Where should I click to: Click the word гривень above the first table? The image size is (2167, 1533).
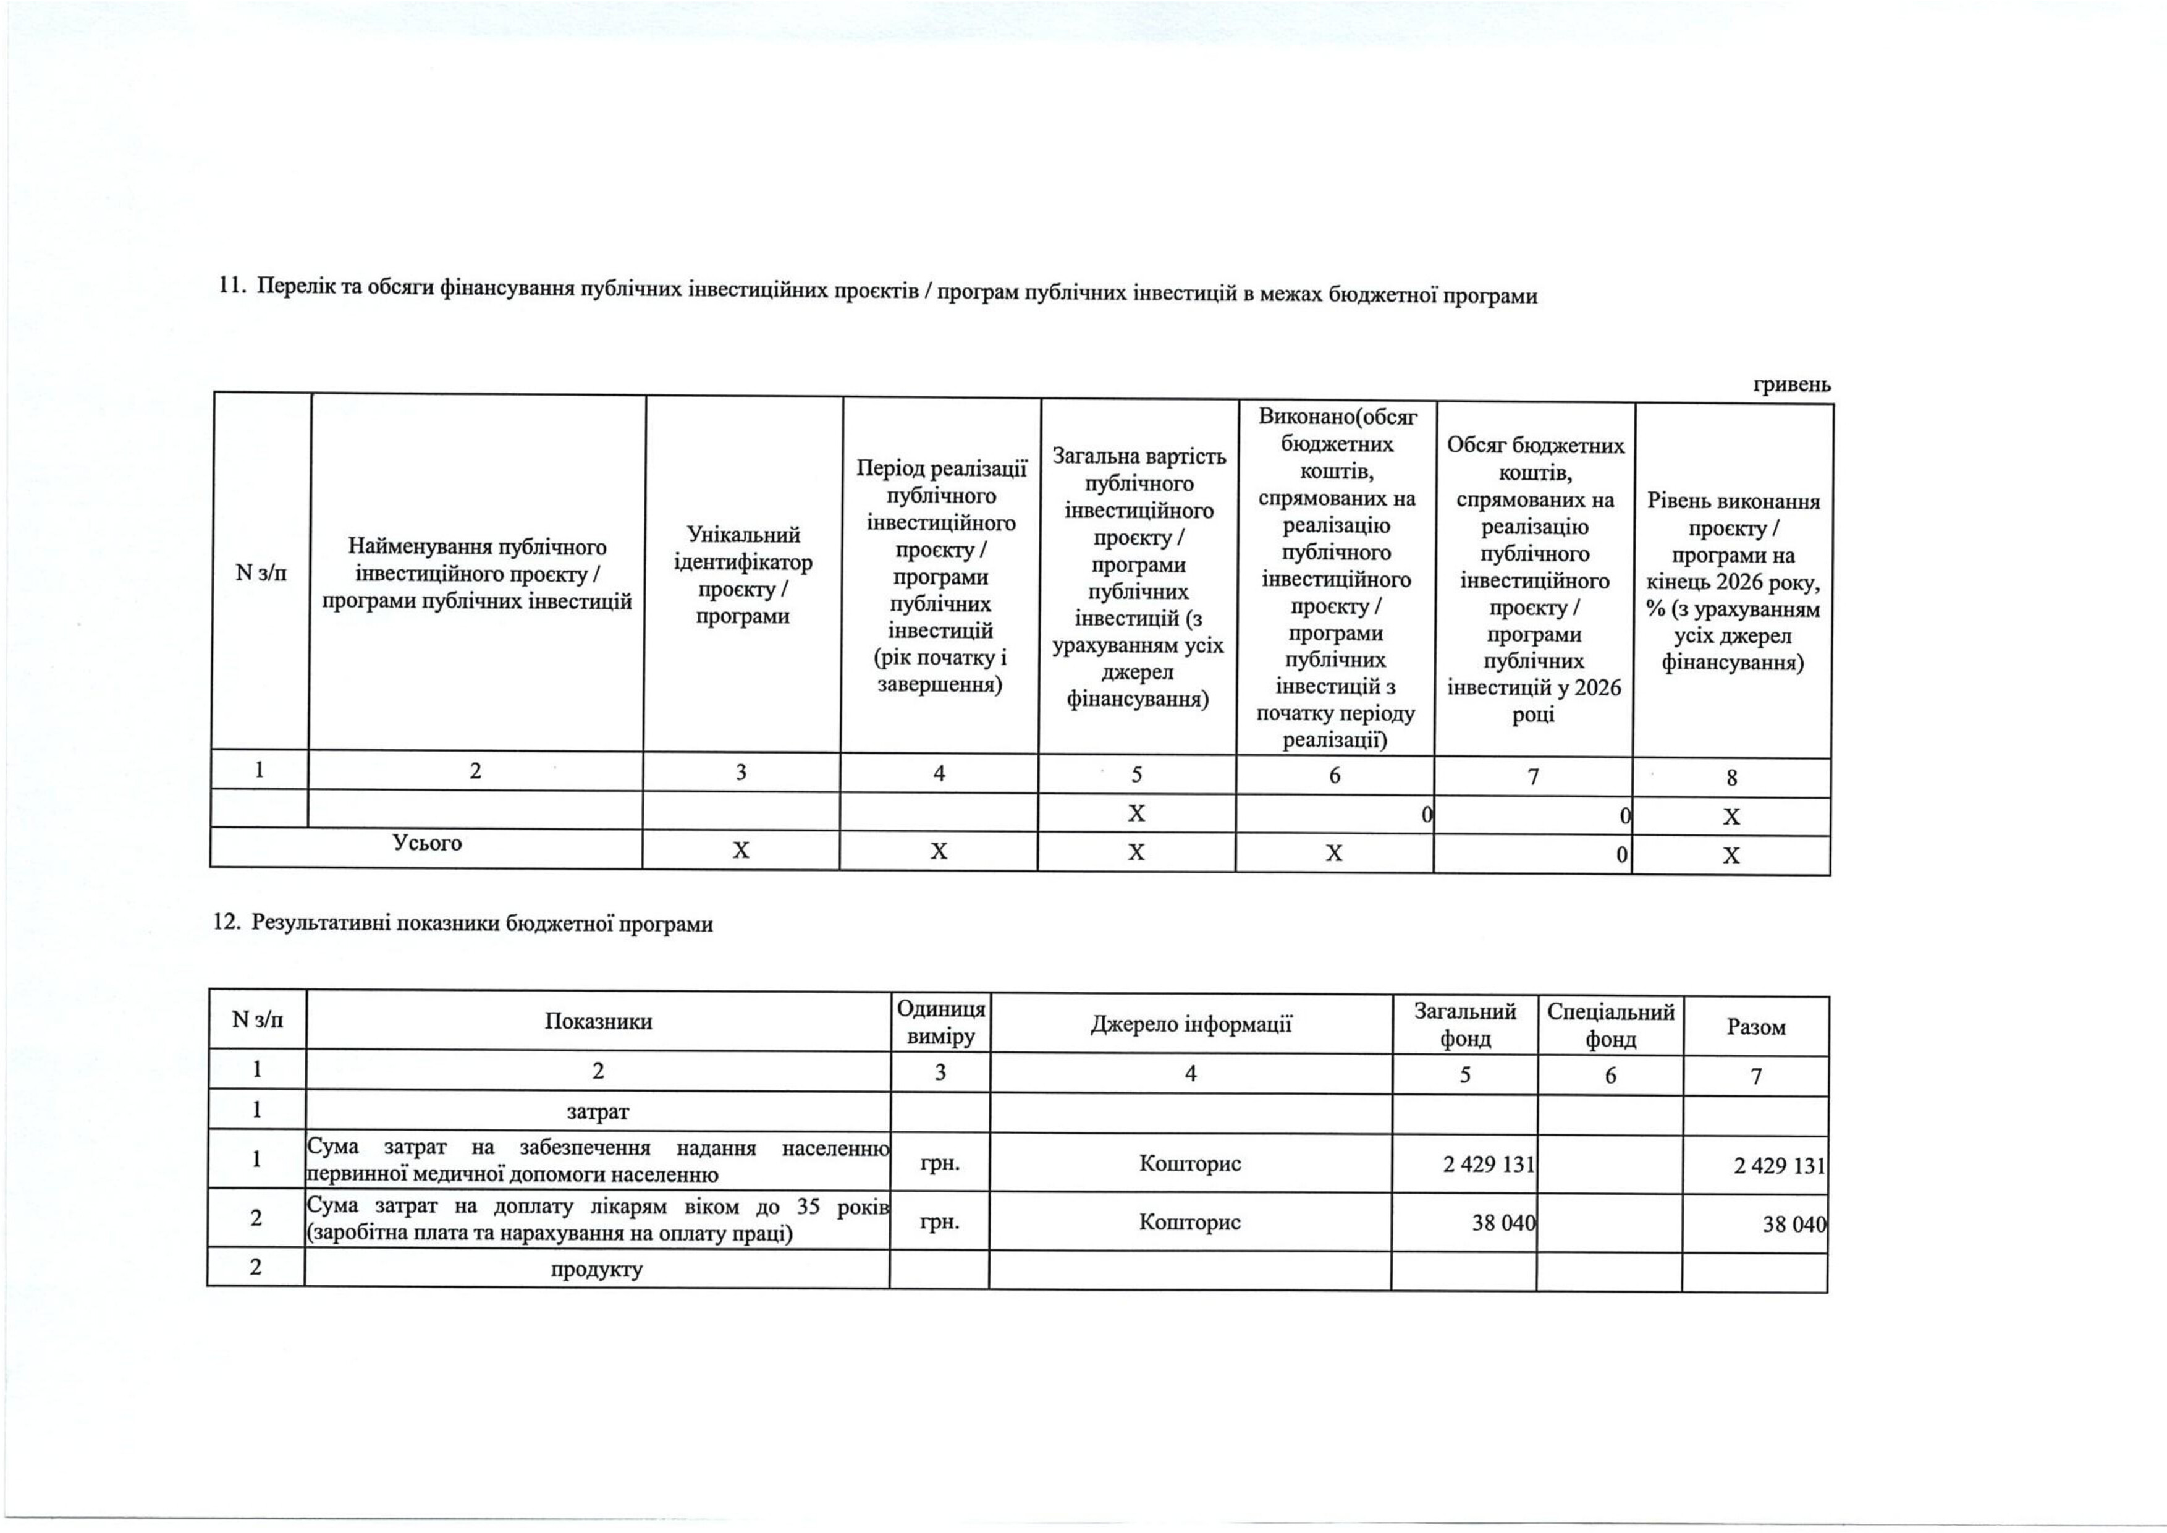(1791, 384)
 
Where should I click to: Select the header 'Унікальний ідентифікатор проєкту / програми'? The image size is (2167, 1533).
(742, 576)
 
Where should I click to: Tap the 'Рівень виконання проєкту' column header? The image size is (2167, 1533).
(1733, 582)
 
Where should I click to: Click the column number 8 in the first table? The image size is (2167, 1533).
(1732, 778)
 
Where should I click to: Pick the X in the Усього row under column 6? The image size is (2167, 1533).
(1333, 853)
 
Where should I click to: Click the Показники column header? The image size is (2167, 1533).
(598, 1021)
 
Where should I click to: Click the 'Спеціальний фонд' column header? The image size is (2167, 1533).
(1610, 1026)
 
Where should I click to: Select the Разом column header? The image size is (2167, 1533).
(1755, 1027)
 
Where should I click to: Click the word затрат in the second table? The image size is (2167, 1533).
(598, 1112)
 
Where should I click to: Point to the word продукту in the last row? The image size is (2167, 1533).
(596, 1268)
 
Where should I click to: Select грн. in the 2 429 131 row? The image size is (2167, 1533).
(939, 1163)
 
